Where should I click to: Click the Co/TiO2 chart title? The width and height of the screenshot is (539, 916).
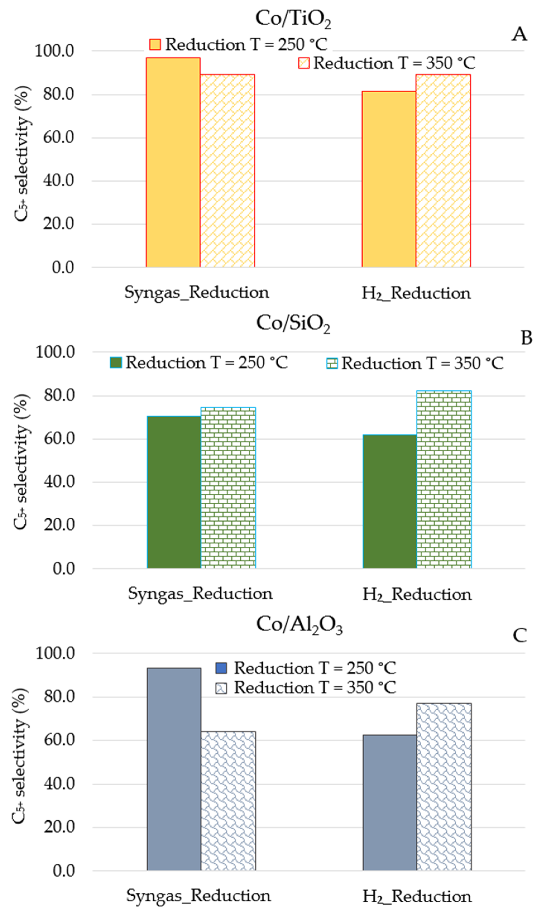point(293,19)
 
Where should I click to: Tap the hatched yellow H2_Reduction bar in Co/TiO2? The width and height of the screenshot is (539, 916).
point(443,171)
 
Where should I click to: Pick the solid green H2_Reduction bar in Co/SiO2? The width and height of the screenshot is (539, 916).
point(389,501)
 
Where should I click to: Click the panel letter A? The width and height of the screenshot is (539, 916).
point(519,35)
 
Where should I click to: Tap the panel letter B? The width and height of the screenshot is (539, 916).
point(526,338)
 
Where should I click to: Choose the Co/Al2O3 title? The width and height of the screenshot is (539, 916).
point(299,625)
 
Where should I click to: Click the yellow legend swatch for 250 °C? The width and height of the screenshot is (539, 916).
point(155,45)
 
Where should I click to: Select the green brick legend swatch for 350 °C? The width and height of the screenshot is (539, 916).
point(332,363)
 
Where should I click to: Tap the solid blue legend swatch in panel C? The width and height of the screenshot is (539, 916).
point(221,668)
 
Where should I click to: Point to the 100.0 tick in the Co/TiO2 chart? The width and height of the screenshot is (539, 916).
point(54,51)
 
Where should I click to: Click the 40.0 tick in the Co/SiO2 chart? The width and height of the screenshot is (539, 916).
point(59,482)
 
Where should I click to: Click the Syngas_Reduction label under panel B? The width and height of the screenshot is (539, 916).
point(200,594)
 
